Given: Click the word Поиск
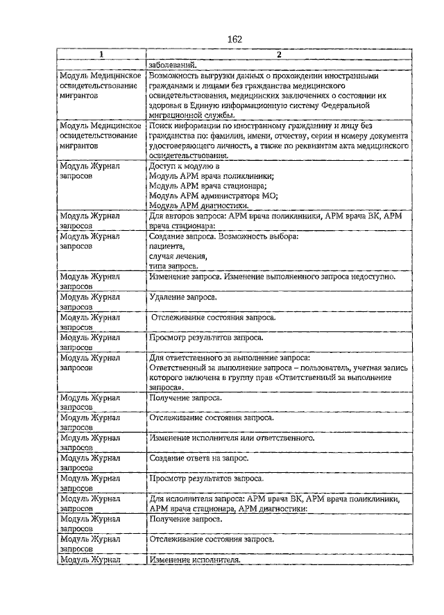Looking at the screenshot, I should click(161, 125).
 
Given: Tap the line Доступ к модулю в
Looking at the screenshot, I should click(184, 166).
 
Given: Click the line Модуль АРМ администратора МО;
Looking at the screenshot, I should click(213, 196).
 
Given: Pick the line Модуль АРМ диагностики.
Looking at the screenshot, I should click(198, 206).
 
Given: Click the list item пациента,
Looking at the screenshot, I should click(166, 246).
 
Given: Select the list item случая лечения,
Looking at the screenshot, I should click(178, 256).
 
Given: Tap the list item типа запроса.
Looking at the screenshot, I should click(173, 266).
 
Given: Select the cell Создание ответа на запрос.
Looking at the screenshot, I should click(198, 458).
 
